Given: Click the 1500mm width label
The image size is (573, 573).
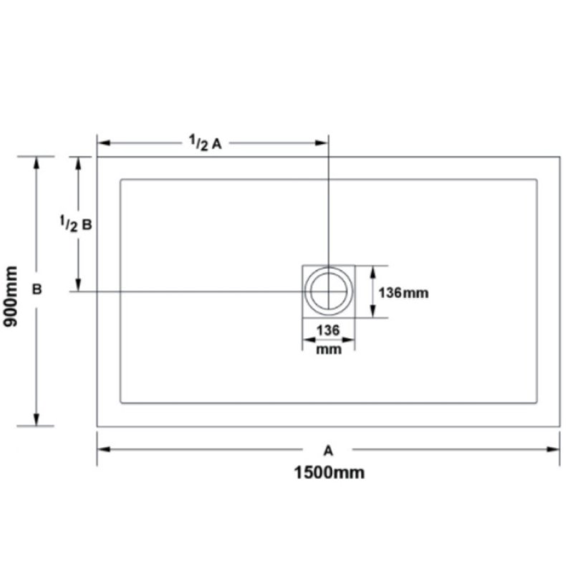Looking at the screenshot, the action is (x=329, y=473).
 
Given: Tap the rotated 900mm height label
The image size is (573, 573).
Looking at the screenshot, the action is (x=10, y=297).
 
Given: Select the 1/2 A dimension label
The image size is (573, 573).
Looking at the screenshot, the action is (x=206, y=143).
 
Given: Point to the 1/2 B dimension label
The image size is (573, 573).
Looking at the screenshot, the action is (x=76, y=223).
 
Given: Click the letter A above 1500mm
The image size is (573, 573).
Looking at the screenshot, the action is (x=328, y=451).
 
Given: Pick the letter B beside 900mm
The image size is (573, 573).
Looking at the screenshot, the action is (x=37, y=289).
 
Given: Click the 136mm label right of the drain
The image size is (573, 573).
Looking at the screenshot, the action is (x=403, y=293).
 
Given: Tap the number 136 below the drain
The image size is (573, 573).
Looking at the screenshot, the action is (x=328, y=330).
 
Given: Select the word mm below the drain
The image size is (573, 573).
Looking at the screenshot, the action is (x=329, y=350).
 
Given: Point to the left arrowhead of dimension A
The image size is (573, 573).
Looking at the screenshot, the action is (x=104, y=449).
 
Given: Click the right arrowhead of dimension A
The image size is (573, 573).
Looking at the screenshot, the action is (x=553, y=449).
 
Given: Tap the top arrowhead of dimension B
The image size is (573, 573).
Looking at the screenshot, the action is (x=37, y=163).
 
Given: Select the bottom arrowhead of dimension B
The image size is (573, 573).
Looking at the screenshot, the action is (x=37, y=420).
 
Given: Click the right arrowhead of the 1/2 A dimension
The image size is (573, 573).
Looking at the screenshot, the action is (x=321, y=143).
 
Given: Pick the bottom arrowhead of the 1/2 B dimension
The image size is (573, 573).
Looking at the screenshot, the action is (x=78, y=284).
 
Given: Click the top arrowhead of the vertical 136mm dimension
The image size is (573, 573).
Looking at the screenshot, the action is (x=372, y=273).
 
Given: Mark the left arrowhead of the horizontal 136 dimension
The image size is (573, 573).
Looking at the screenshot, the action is (x=309, y=340).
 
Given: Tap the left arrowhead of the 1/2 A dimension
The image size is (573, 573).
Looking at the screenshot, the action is (x=104, y=143).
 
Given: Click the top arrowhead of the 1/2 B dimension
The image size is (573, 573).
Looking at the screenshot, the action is (x=78, y=163).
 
